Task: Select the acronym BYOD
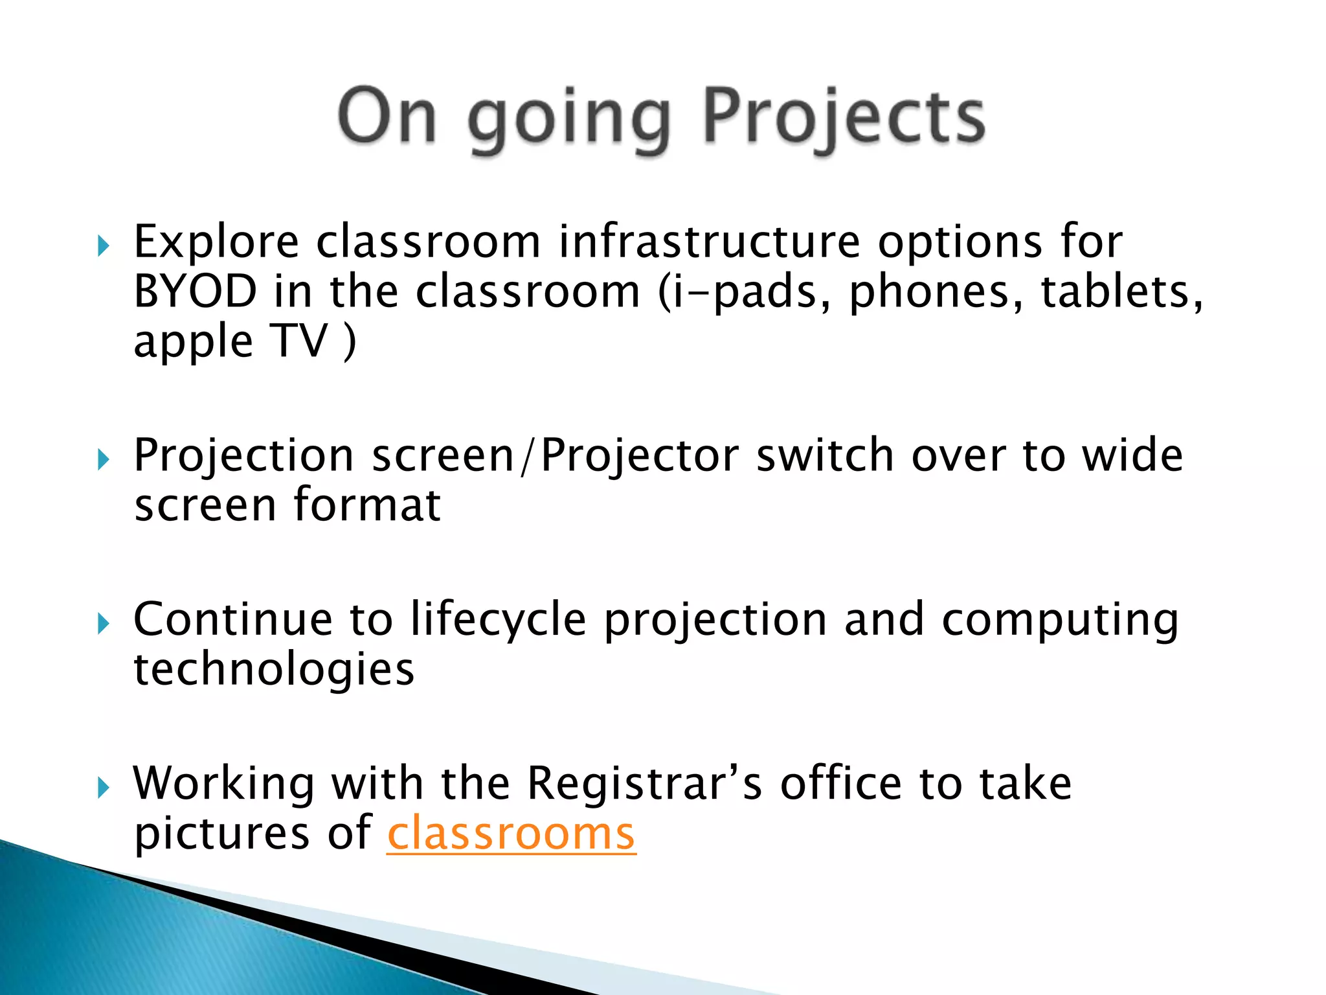tap(195, 291)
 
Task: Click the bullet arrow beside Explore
tap(103, 246)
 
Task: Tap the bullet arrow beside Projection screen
tap(103, 460)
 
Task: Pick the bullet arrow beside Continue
tap(103, 624)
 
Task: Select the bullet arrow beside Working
tap(103, 788)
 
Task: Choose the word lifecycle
tap(498, 620)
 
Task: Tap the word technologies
tap(274, 670)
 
